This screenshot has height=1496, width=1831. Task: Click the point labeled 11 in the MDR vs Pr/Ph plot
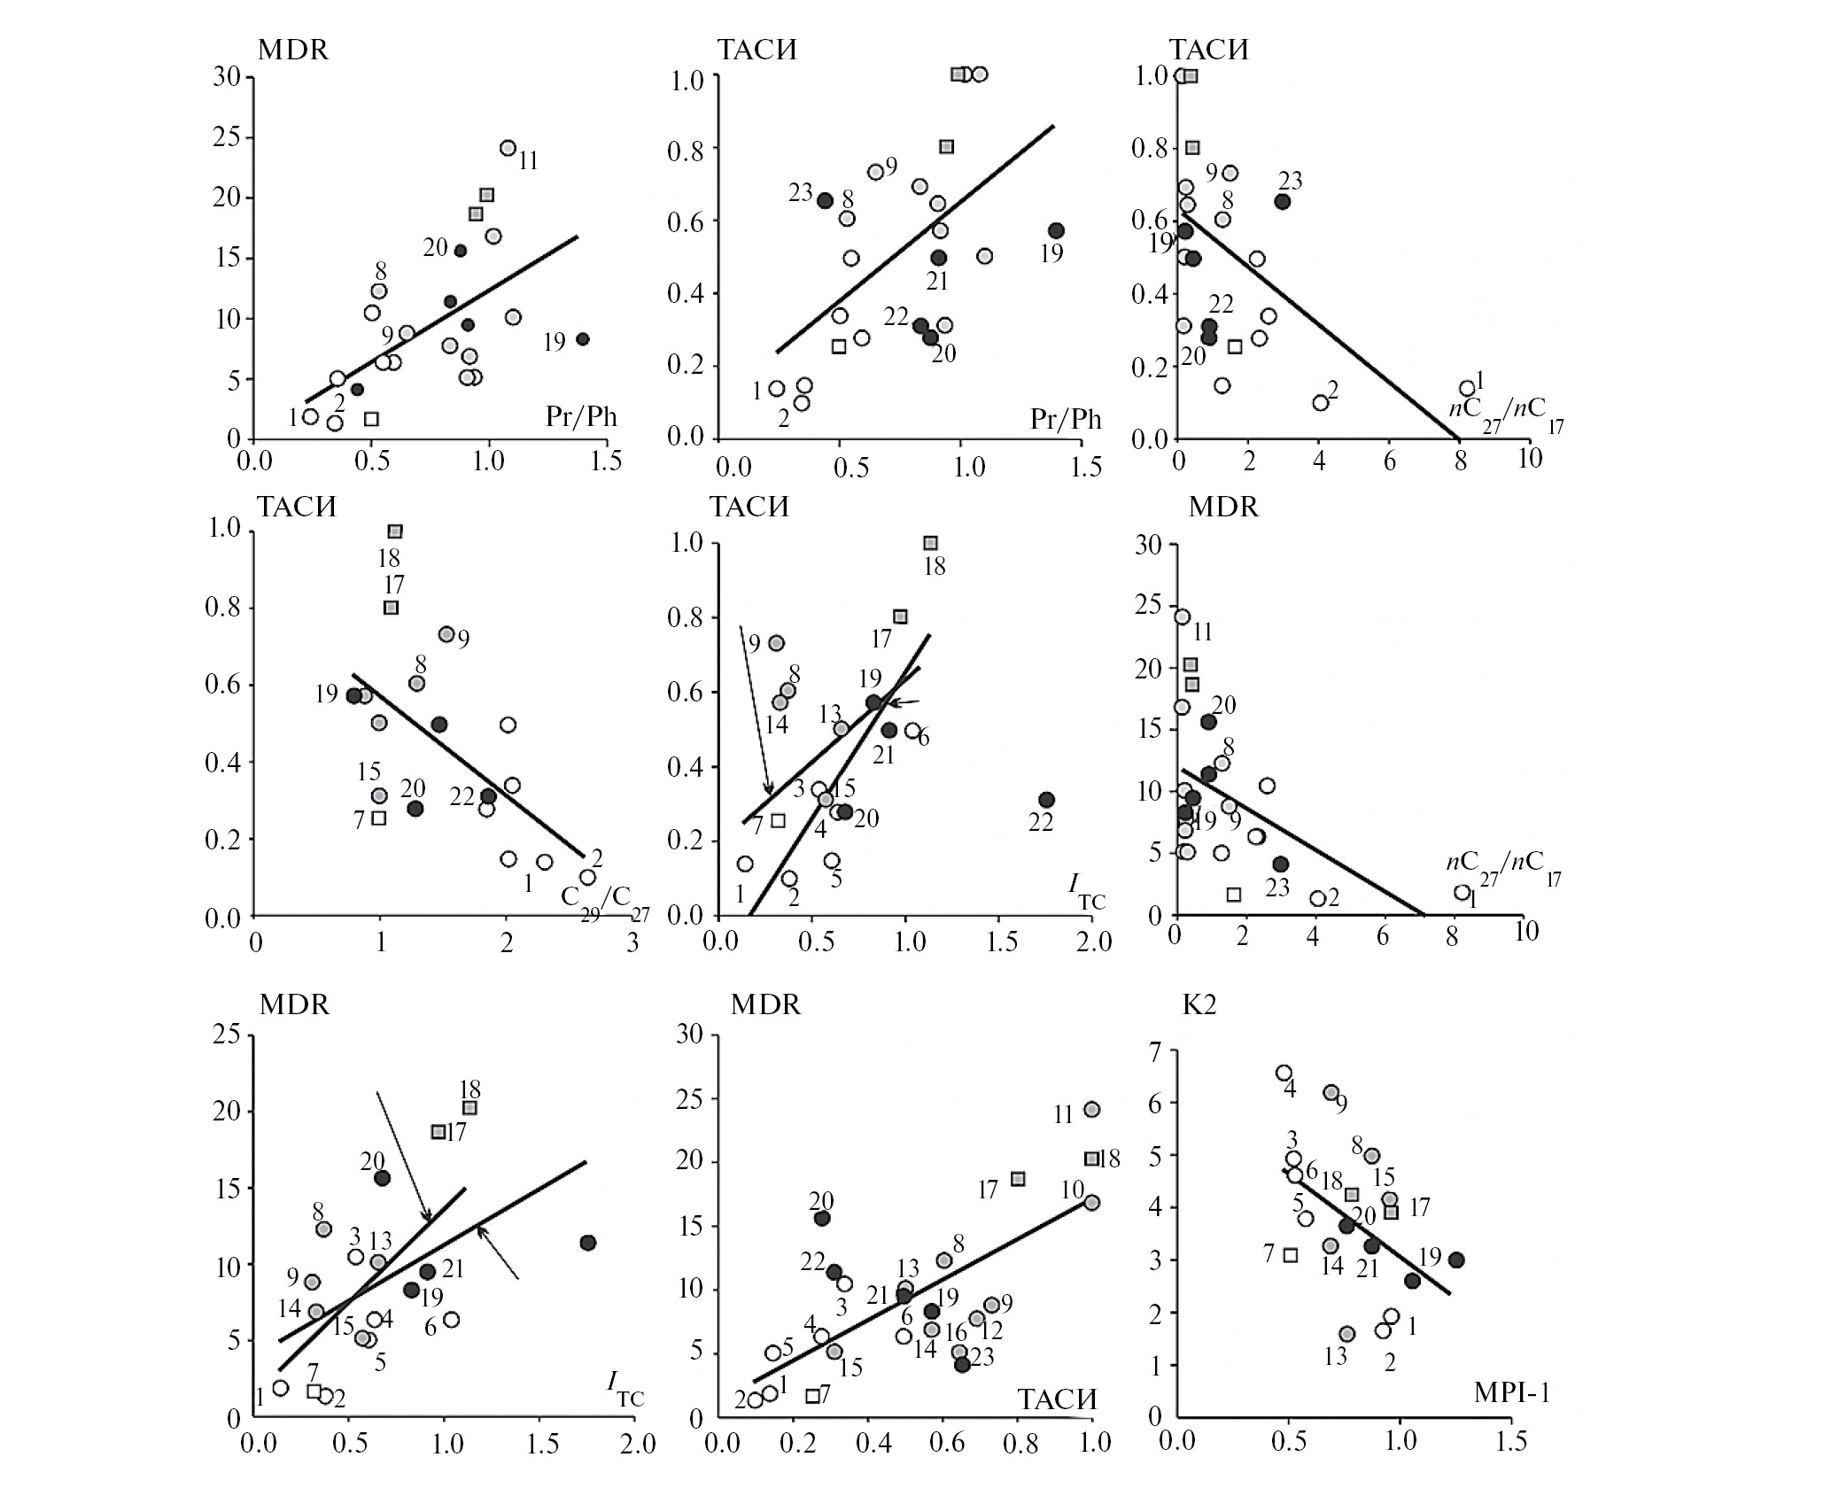(x=508, y=148)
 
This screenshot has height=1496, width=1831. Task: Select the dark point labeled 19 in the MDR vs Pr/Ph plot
(x=582, y=339)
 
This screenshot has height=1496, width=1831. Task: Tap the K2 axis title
(x=1198, y=1005)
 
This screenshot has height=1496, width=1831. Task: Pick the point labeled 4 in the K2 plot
(x=1284, y=1073)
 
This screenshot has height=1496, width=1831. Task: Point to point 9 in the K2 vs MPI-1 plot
(x=1331, y=1092)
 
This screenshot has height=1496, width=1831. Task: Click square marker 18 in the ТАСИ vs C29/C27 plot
(x=395, y=531)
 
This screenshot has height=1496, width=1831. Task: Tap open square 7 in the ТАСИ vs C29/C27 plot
(x=379, y=818)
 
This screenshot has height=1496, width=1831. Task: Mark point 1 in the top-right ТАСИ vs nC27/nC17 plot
(x=1467, y=388)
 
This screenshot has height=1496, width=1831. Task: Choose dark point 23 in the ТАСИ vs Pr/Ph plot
(x=825, y=200)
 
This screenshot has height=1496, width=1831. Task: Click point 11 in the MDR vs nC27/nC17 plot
(x=1182, y=616)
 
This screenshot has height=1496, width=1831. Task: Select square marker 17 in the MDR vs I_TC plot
(x=438, y=1132)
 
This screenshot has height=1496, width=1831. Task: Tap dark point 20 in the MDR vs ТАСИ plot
(x=822, y=1218)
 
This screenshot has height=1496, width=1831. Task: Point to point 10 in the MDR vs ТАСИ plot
(x=1091, y=1202)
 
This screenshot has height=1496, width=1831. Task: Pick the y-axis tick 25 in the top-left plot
(x=229, y=137)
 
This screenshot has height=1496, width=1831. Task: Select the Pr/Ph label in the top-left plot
(x=581, y=416)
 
